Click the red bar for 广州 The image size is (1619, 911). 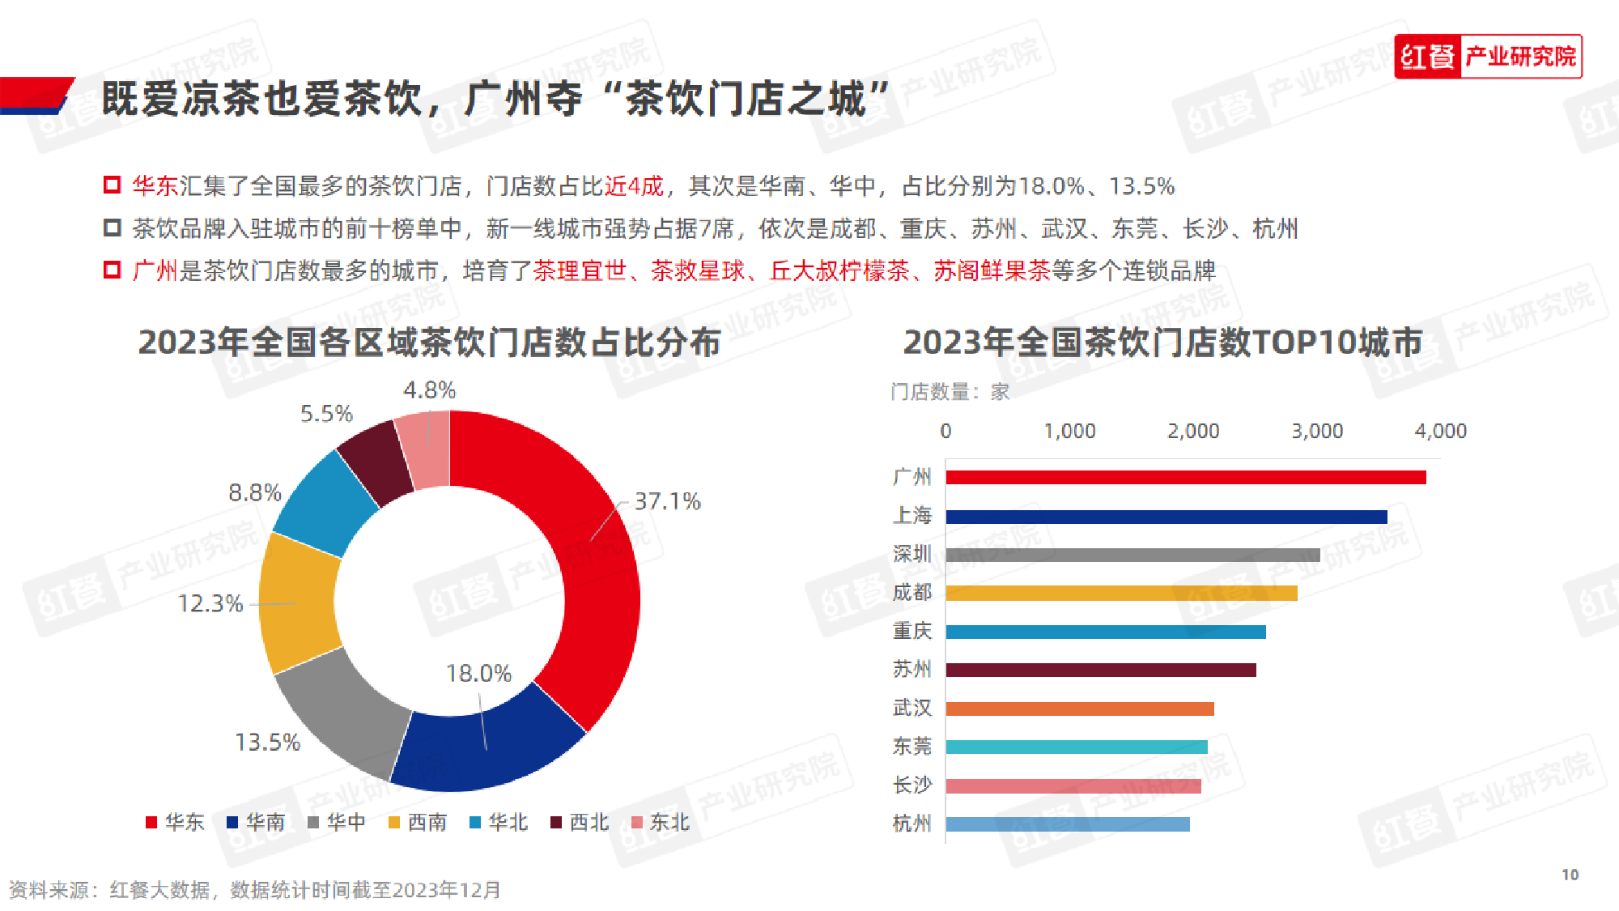[1185, 477]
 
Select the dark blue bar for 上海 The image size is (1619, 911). [1166, 517]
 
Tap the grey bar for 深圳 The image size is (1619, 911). [1132, 555]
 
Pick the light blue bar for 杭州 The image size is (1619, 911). [1067, 824]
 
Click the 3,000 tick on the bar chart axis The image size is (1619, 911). [1316, 431]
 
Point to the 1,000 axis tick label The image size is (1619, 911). [1069, 431]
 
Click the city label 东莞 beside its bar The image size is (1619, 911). [911, 746]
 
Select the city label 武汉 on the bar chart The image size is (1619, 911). [911, 708]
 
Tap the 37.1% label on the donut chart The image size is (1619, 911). [667, 501]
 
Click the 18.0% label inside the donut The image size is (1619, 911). [478, 673]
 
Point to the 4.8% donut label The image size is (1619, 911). [429, 390]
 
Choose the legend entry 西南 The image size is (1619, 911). [418, 823]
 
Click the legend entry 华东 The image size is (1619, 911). [175, 823]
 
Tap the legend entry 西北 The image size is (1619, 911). [580, 823]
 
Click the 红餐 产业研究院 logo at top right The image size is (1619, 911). [1487, 57]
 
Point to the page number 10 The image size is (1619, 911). [1570, 875]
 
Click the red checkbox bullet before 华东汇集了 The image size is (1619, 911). [113, 185]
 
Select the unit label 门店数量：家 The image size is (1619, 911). [950, 392]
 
